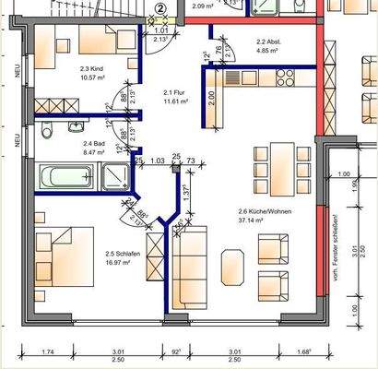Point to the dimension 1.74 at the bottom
click(x=48, y=351)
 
